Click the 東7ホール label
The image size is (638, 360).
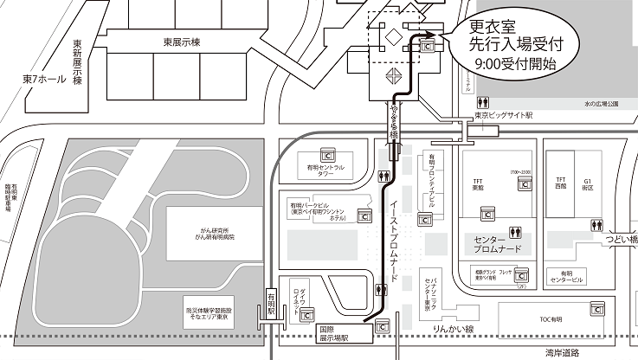click(42, 80)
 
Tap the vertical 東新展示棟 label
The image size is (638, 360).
click(77, 61)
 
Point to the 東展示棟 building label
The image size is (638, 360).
click(181, 42)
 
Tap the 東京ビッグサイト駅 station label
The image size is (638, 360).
click(504, 115)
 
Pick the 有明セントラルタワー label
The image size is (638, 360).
click(325, 170)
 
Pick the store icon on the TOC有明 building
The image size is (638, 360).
click(596, 308)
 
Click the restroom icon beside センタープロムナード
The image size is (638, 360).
click(515, 231)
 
